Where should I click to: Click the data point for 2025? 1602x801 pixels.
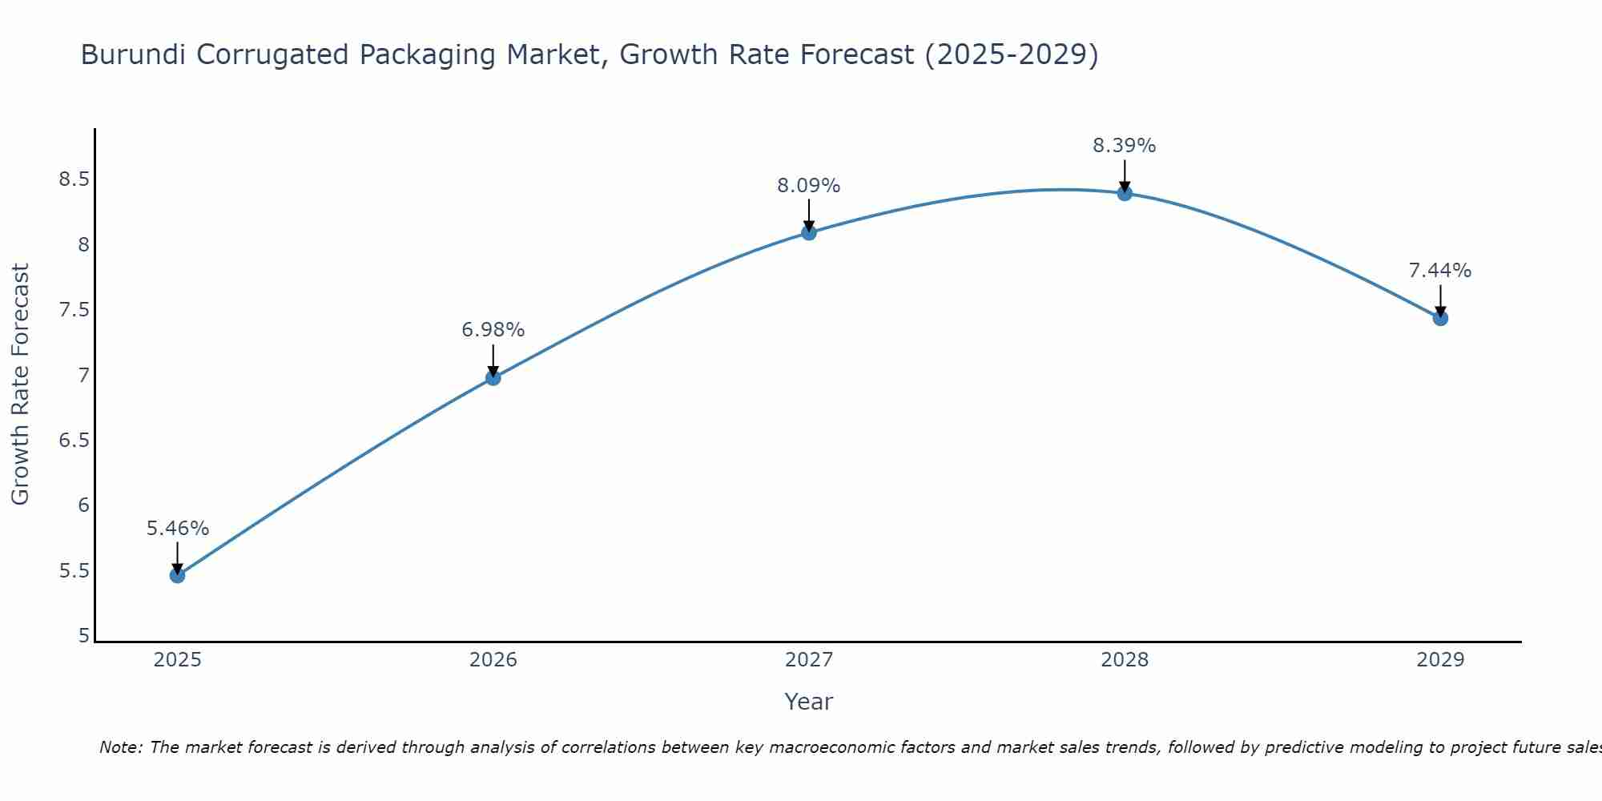click(x=177, y=575)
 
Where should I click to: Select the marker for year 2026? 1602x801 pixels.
click(x=493, y=377)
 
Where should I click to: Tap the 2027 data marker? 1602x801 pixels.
click(x=808, y=233)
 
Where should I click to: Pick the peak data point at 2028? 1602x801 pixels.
click(x=1124, y=193)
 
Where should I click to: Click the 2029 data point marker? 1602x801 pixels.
click(x=1439, y=318)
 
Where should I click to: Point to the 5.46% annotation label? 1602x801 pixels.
click(x=177, y=529)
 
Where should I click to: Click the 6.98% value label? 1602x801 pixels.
click(x=493, y=330)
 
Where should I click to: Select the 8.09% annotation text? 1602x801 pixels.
click(x=808, y=186)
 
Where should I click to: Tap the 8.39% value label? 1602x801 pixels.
click(x=1124, y=146)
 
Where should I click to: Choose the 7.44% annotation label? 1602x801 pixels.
click(x=1439, y=271)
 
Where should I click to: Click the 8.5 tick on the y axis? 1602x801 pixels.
click(x=74, y=179)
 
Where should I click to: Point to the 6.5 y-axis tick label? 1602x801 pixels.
click(x=74, y=441)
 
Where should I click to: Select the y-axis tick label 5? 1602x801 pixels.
click(x=83, y=636)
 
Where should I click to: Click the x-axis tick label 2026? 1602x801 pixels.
click(x=493, y=660)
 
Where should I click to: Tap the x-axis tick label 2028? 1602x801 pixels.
click(x=1124, y=660)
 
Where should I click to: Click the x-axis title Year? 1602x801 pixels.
click(x=808, y=702)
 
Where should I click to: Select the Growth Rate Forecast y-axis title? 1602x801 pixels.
click(x=20, y=384)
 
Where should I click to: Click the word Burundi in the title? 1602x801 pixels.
click(x=134, y=54)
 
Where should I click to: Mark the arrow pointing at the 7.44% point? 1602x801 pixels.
click(x=1439, y=300)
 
